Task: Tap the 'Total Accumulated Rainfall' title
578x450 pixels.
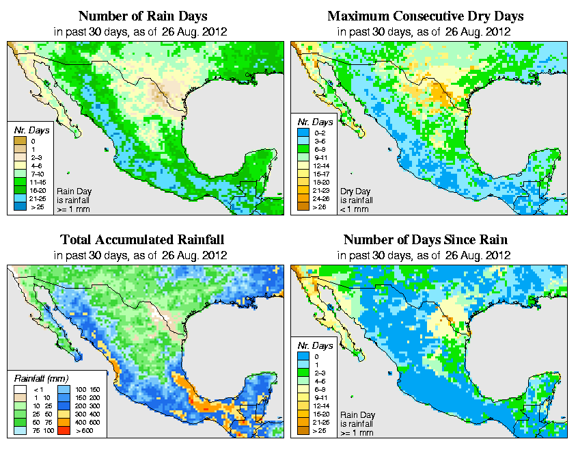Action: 142,240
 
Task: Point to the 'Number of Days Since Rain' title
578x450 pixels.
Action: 425,240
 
